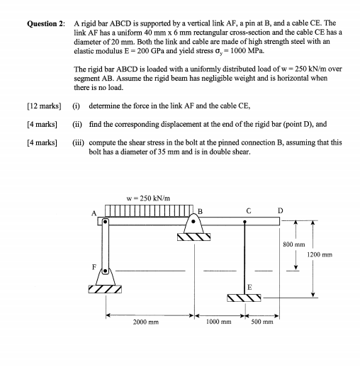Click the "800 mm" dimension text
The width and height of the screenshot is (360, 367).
coord(295,244)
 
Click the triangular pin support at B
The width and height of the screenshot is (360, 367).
coord(196,228)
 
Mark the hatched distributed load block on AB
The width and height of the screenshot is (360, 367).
coord(149,210)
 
